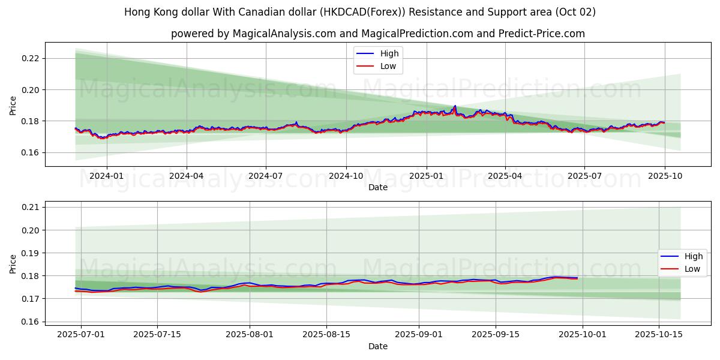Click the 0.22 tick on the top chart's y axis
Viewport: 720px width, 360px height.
point(30,58)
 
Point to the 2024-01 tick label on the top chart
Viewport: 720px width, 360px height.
point(107,176)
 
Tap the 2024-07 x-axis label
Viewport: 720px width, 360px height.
point(266,176)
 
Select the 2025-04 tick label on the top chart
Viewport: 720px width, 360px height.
point(505,176)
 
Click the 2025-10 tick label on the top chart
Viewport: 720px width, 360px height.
point(664,176)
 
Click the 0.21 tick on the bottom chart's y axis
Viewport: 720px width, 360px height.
point(30,207)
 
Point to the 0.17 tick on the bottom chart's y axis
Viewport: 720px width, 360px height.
point(30,299)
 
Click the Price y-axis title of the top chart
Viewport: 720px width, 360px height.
point(13,106)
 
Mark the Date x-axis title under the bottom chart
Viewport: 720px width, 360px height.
point(378,346)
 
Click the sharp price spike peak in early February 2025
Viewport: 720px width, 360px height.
point(455,106)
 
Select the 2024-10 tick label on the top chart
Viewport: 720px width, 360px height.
point(346,176)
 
